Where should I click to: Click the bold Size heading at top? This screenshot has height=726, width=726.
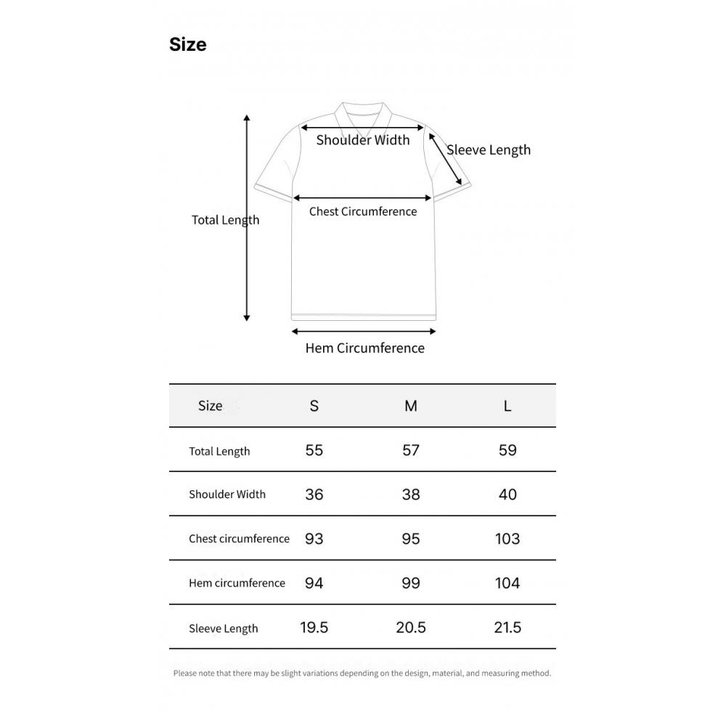click(x=187, y=44)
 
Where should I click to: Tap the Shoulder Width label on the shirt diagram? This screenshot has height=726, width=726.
click(x=363, y=140)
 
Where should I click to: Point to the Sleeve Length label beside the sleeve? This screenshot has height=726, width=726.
click(x=489, y=150)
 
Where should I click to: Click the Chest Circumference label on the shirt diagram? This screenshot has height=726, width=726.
click(x=363, y=211)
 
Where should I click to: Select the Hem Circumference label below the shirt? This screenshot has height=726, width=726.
click(x=365, y=348)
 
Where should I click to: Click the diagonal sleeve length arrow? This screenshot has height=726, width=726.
click(x=446, y=159)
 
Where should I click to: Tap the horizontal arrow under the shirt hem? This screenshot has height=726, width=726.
click(x=364, y=331)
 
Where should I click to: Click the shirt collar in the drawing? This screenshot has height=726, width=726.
click(x=364, y=115)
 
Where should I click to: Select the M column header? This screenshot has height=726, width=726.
click(x=411, y=406)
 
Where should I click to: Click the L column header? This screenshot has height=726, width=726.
click(x=507, y=406)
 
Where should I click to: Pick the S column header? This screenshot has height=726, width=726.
click(x=314, y=406)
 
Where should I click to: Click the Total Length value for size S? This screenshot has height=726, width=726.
click(x=314, y=450)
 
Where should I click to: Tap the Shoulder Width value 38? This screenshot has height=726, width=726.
click(x=411, y=494)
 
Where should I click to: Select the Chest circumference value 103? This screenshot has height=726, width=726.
click(x=507, y=539)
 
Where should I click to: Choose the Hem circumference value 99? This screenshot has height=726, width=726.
click(x=411, y=583)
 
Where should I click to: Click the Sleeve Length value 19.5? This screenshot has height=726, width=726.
click(x=314, y=627)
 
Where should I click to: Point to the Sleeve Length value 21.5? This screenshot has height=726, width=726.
click(x=507, y=627)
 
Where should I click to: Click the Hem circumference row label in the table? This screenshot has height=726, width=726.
click(x=237, y=583)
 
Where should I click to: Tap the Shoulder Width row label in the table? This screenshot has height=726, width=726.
click(x=227, y=494)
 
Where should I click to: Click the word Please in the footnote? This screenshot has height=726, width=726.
click(x=184, y=673)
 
